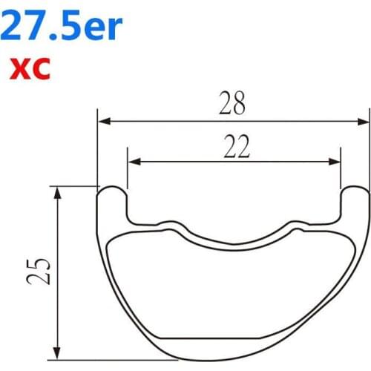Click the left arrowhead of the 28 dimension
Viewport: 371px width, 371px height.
[105, 120]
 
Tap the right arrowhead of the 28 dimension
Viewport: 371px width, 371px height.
[363, 120]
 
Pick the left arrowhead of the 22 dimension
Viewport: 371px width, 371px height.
[134, 160]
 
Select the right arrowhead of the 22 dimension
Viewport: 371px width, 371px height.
[335, 160]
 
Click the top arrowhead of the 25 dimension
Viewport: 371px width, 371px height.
[58, 192]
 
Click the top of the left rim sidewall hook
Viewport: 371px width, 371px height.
[112, 187]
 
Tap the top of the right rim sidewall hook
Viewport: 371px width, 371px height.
[356, 187]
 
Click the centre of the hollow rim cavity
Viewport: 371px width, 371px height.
[234, 289]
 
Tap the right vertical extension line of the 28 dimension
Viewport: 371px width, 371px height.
[369, 148]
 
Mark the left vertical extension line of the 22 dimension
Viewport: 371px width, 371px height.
[128, 174]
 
